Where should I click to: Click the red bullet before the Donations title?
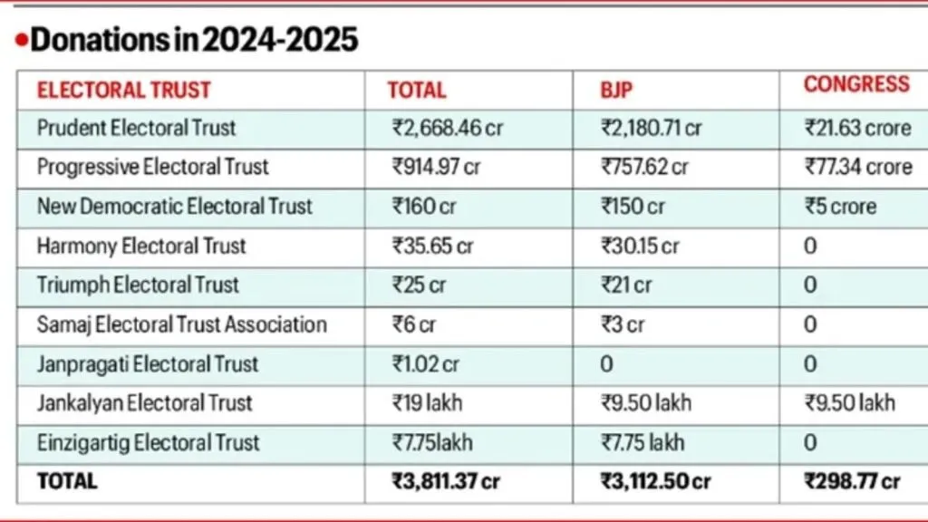22,41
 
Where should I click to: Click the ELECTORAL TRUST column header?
123,90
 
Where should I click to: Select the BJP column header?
616,90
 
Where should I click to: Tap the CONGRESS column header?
856,84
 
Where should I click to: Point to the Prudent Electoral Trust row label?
136,128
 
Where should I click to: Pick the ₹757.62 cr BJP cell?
644,167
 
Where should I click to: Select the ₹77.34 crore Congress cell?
858,167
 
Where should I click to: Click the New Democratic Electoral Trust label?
174,207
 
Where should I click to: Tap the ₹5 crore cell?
840,207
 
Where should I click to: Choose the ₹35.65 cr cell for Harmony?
432,246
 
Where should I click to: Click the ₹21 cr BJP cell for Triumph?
626,285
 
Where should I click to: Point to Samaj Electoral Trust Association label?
181,324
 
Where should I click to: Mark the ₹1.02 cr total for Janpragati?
426,364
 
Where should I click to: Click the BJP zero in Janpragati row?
606,364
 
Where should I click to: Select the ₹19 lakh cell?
429,403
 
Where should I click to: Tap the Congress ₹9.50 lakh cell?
850,403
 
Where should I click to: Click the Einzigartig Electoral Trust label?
148,443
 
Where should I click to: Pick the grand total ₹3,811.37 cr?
446,482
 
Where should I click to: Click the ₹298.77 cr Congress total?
853,482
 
